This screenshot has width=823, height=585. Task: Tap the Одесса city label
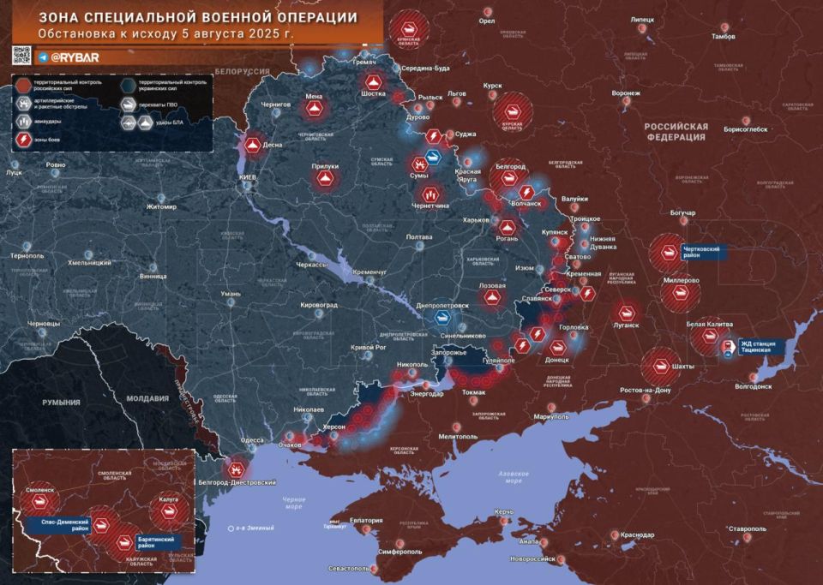pos(252,440)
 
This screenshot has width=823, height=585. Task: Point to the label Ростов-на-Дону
pos(653,391)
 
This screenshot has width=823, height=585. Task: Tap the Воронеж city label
pos(620,93)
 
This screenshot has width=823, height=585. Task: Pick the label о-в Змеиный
pos(255,528)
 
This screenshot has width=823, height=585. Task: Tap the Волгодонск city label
pos(753,386)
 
